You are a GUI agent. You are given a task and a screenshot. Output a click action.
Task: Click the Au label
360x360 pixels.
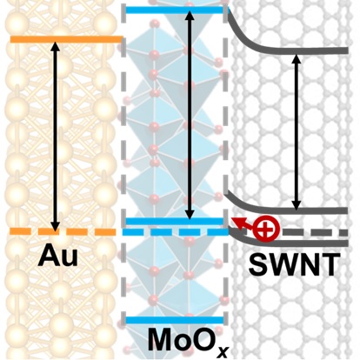coord(58,257)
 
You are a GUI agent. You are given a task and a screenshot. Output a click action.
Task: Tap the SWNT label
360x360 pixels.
coord(294,265)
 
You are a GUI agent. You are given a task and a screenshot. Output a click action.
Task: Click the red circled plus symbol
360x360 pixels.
coord(267,229)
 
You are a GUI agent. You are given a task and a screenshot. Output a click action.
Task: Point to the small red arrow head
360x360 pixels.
coord(236,221)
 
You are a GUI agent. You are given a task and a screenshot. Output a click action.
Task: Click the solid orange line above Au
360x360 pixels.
coord(67,39)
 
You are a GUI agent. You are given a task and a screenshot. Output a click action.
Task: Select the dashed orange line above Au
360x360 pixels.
coord(63,231)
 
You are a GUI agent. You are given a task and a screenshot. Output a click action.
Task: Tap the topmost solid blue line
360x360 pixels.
coord(176,10)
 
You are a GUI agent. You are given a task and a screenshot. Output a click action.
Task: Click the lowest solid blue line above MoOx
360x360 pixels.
coord(175,320)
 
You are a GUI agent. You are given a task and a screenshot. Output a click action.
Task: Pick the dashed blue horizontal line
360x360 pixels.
coord(176,232)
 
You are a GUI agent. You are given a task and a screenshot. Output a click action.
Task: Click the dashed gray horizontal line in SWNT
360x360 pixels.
coord(315,232)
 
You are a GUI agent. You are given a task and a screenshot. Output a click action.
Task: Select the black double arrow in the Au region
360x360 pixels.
coord(55,135)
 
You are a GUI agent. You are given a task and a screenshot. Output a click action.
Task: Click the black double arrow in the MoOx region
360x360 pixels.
coord(190,115)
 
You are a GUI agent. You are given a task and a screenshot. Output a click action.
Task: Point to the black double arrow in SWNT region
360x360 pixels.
coord(296,132)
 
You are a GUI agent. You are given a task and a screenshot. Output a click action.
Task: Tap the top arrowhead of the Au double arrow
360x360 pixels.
coord(55,45)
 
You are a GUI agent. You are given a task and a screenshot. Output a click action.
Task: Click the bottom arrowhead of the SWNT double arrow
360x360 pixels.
coord(296,205)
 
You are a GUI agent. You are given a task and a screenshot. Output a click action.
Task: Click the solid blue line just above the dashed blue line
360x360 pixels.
coord(175,222)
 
